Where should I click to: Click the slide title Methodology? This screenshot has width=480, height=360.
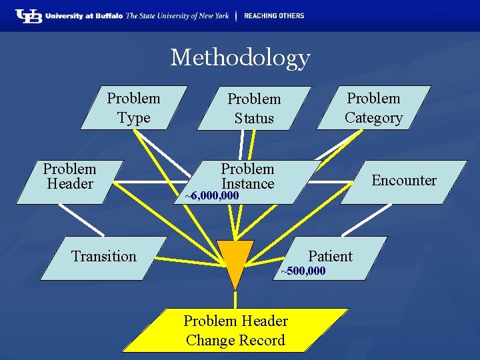pos(240,57)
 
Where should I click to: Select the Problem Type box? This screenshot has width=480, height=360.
pos(133,107)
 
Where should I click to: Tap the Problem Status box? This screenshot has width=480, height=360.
pos(254,108)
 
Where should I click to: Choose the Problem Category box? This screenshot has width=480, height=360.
pos(373,107)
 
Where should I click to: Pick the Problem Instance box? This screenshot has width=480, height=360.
pos(248,177)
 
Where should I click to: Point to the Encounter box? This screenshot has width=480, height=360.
pos(403,181)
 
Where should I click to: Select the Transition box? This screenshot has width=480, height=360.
pos(103,257)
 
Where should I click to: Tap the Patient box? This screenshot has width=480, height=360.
pos(331,257)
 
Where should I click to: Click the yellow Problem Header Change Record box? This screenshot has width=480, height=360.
pos(235,330)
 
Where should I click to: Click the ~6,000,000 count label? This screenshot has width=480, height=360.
pos(212,196)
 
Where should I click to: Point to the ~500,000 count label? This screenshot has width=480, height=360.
pos(303,271)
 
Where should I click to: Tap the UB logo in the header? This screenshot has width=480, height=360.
pos(28,15)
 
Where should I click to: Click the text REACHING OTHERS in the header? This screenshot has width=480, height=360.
pos(273,15)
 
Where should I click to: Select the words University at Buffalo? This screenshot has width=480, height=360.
pos(85,16)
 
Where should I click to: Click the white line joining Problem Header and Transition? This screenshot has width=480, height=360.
pos(81,219)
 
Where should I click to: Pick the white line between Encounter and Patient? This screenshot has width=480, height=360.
pos(375,219)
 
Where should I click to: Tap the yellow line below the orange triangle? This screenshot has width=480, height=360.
pos(235,299)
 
